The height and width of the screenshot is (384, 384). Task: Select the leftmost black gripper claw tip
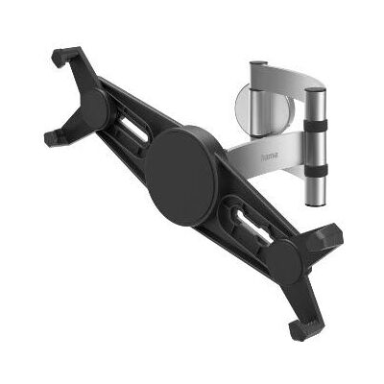[x=52, y=138]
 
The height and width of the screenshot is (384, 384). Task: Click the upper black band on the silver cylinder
[x=316, y=125]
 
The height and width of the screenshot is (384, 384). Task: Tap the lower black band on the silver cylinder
[x=316, y=170]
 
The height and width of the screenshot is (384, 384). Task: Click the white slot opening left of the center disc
[x=136, y=132]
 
